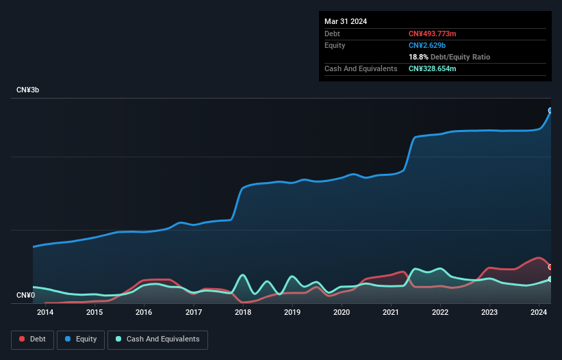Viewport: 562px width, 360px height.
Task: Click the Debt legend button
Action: point(31,339)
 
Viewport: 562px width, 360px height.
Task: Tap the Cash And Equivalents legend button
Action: point(157,339)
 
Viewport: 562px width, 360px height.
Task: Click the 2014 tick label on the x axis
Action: point(45,313)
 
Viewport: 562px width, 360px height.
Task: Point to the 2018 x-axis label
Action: point(242,313)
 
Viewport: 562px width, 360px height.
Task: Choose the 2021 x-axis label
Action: point(391,313)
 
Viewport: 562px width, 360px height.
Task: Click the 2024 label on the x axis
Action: point(539,313)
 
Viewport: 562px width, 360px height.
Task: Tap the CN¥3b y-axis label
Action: point(28,90)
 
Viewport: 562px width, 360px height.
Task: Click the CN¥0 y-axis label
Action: point(25,296)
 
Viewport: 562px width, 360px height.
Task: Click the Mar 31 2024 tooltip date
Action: point(346,21)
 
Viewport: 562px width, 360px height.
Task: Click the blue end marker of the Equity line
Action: point(550,110)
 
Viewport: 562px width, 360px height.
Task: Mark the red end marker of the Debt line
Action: point(550,267)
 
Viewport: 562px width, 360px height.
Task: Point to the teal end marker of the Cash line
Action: point(550,279)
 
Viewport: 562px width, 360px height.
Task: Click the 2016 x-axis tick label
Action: point(144,313)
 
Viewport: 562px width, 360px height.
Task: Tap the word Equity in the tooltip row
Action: point(335,45)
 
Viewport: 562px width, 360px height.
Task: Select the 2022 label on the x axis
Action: point(440,313)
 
